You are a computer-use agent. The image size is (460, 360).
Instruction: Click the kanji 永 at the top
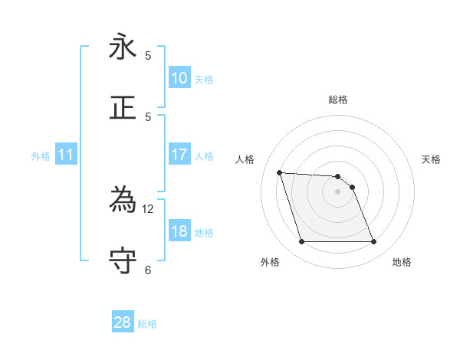[x=123, y=47]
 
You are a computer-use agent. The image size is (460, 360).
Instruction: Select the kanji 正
[x=123, y=107]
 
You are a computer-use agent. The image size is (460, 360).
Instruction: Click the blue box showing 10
[x=179, y=79]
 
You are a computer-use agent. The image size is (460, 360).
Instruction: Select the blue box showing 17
[x=179, y=155]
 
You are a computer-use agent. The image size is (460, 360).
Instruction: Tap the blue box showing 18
[x=179, y=232]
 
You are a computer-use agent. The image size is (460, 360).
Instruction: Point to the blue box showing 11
[x=66, y=155]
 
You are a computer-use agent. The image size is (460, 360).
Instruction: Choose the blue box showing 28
[x=123, y=322]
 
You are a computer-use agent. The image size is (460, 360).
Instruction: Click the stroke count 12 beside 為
[x=148, y=208]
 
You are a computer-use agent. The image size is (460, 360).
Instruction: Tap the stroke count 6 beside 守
[x=148, y=269]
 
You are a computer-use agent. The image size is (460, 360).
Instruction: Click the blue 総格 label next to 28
[x=147, y=324]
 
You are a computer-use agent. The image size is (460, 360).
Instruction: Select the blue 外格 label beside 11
[x=41, y=156]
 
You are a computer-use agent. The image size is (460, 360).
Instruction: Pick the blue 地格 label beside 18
[x=204, y=233]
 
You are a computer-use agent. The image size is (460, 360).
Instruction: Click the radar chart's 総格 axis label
[x=337, y=100]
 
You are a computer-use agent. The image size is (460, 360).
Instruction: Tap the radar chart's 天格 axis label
[x=431, y=159]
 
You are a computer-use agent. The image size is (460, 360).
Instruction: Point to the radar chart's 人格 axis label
[x=245, y=159]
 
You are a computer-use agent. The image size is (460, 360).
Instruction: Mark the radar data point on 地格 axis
[x=373, y=242]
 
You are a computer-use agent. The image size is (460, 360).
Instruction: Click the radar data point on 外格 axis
[x=301, y=242]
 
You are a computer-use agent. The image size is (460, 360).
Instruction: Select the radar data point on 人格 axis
[x=279, y=172]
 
